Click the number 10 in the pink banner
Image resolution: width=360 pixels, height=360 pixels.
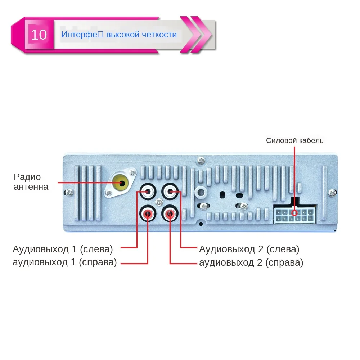(x=39, y=35)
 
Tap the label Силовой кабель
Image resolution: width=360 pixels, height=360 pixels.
(x=294, y=140)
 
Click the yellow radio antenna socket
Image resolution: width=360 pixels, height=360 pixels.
(x=120, y=183)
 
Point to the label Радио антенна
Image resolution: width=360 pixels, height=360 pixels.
(x=31, y=182)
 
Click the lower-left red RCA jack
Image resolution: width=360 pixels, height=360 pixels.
(x=148, y=214)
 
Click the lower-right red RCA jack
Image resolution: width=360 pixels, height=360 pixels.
(x=170, y=214)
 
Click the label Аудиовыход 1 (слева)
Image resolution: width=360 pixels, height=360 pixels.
(x=63, y=249)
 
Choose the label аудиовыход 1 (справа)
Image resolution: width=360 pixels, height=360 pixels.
(x=65, y=262)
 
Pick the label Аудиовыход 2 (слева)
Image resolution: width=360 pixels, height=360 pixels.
(x=249, y=249)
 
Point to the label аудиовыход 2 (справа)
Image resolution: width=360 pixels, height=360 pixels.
(x=251, y=262)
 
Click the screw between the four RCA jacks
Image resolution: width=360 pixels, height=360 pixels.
(x=158, y=203)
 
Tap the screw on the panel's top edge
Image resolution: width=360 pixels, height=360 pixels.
(x=201, y=159)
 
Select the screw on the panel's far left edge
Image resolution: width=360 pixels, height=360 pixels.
(x=68, y=193)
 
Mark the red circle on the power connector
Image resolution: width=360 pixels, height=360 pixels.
(x=294, y=213)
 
